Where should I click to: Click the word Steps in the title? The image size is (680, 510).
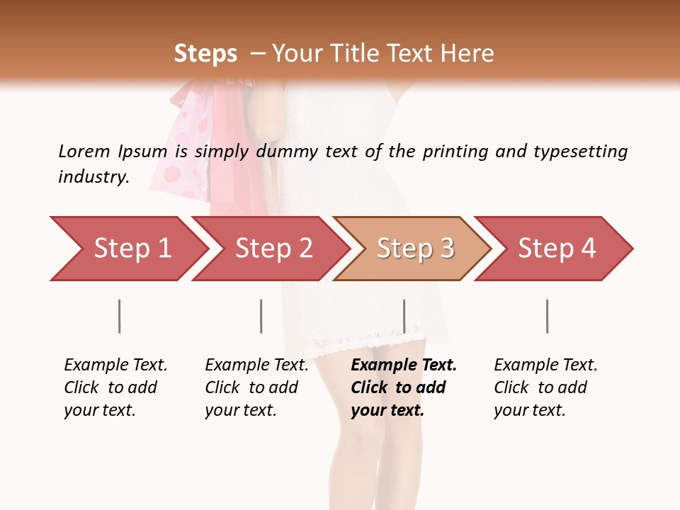pos(205,54)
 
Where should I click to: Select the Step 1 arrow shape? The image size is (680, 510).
pos(127,249)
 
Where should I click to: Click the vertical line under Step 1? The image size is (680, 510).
pos(120,316)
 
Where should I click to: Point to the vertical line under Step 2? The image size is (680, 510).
pos(261,316)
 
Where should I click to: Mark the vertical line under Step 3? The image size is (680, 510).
pos(404,316)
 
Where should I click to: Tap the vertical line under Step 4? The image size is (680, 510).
pos(547,316)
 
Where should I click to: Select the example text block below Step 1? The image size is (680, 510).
pos(115,387)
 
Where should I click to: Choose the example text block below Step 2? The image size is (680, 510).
pos(256,387)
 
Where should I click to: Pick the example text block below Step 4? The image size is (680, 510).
pos(545,387)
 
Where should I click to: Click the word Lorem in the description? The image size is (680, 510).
pos(84,152)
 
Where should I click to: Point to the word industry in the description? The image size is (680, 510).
pos(93,177)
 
